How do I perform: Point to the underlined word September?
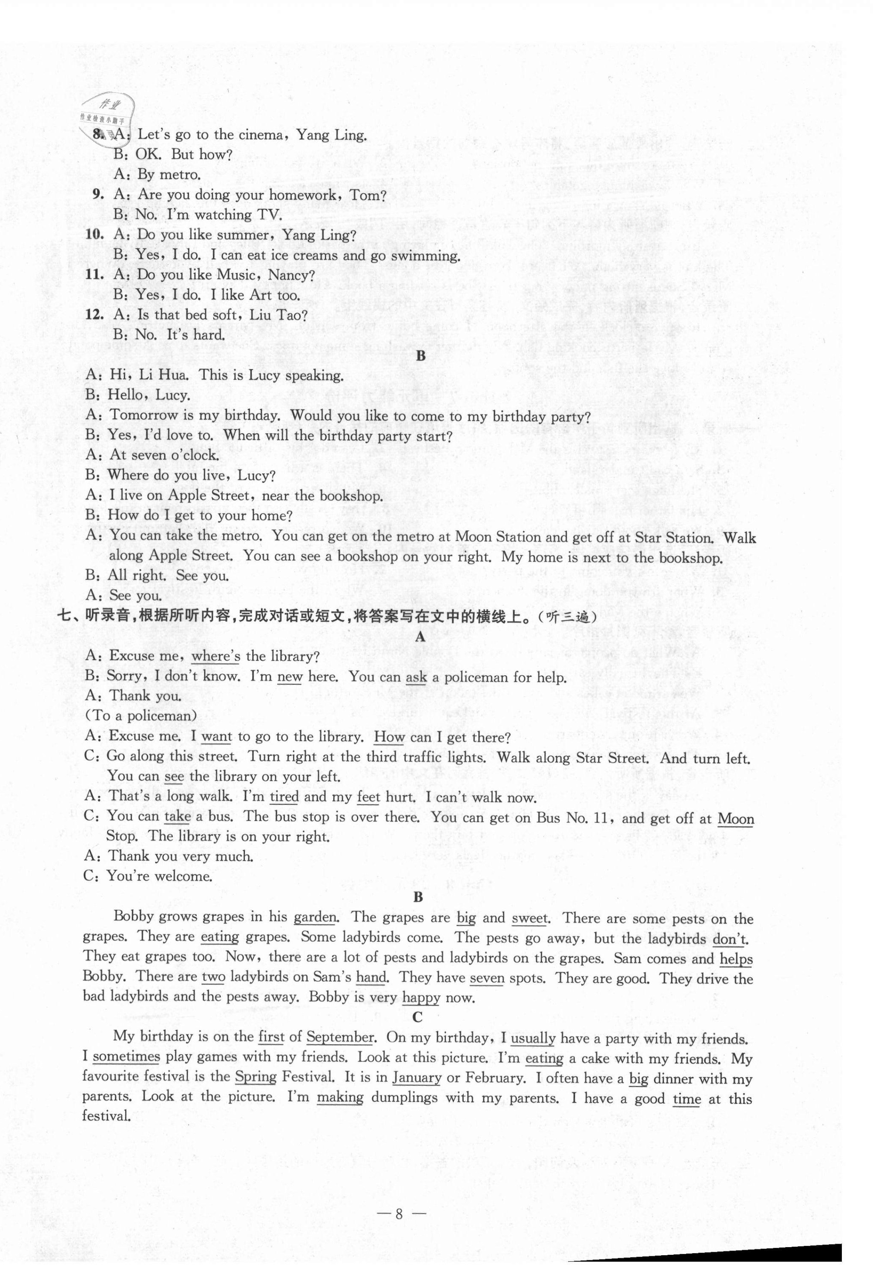pyautogui.click(x=340, y=1038)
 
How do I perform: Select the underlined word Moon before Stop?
pyautogui.click(x=736, y=819)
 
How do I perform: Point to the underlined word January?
pyautogui.click(x=417, y=1077)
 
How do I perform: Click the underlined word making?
pyautogui.click(x=340, y=1098)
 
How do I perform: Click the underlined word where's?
pyautogui.click(x=215, y=656)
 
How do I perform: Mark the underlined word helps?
pyautogui.click(x=736, y=959)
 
